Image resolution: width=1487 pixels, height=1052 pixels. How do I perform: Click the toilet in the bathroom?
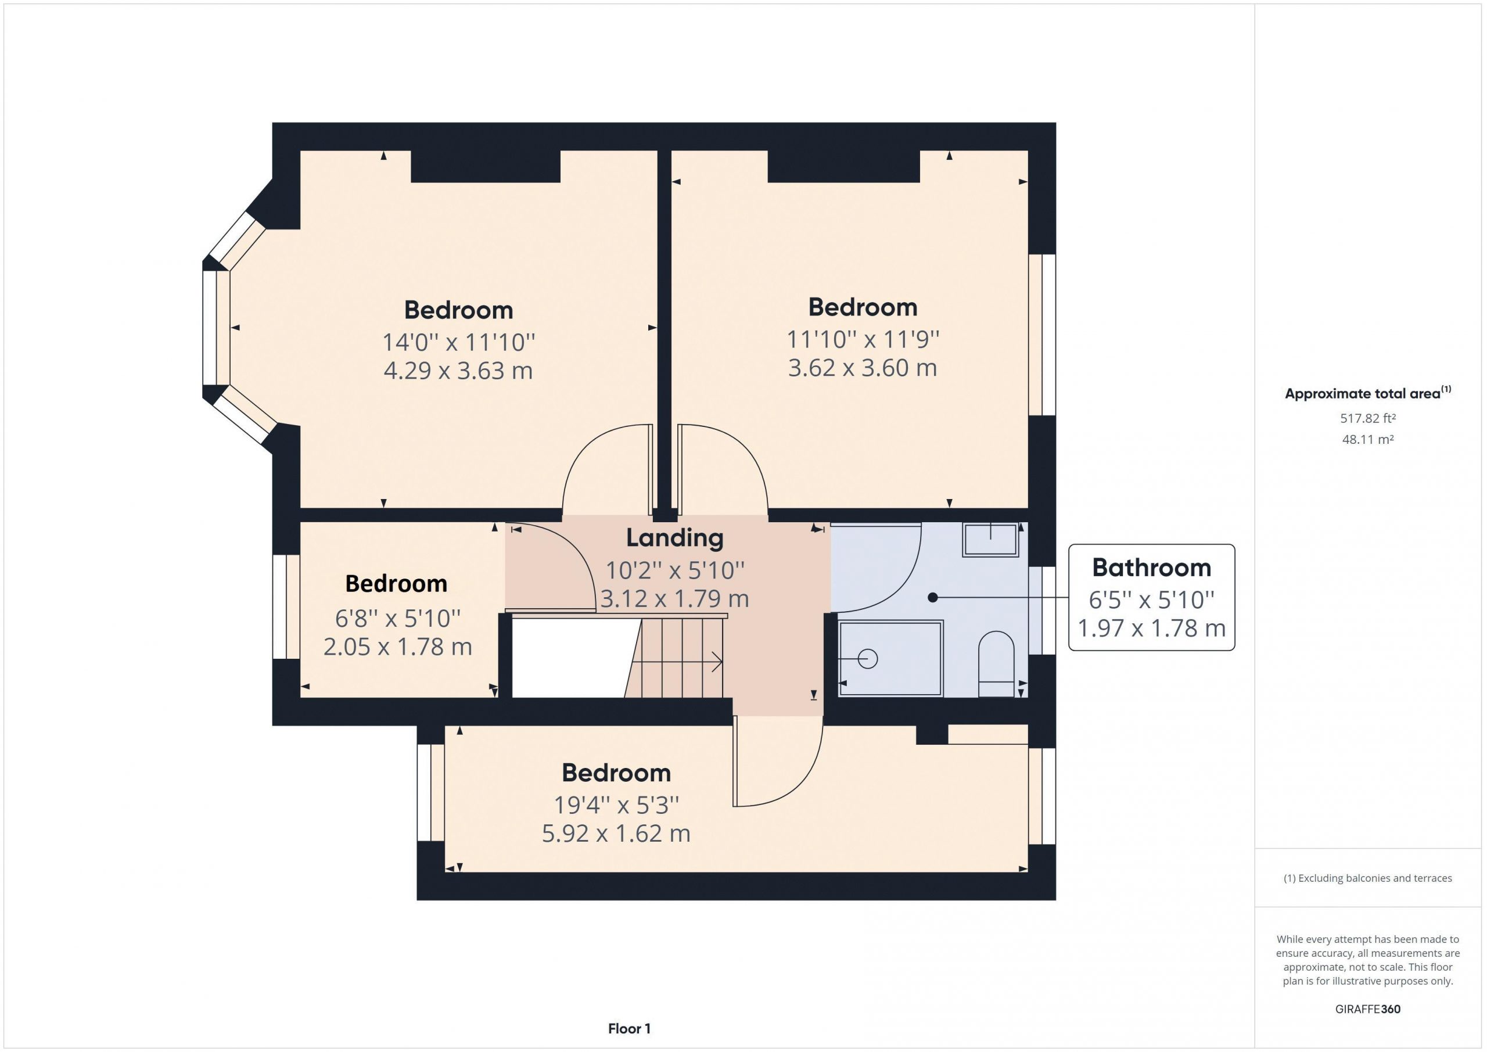[996, 664]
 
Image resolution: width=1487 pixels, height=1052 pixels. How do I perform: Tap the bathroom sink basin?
[990, 540]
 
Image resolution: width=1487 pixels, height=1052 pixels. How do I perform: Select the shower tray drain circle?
[867, 659]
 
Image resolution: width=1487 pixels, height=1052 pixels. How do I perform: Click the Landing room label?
[675, 538]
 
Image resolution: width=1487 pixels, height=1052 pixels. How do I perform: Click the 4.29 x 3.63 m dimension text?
[458, 371]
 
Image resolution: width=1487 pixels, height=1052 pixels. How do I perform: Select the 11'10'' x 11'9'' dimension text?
[863, 338]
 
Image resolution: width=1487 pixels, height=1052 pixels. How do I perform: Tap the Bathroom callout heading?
[1151, 568]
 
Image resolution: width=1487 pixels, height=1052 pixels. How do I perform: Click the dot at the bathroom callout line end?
[933, 597]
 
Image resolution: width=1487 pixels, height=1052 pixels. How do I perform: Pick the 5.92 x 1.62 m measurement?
[616, 833]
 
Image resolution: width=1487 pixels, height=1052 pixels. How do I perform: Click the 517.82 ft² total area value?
[1368, 418]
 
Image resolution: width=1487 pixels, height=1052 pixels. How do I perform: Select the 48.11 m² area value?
[1368, 439]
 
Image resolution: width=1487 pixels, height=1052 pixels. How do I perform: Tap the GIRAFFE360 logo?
[1368, 1008]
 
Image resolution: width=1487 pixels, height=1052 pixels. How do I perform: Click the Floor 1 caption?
[630, 1028]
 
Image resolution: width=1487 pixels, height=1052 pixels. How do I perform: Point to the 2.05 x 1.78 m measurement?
[398, 647]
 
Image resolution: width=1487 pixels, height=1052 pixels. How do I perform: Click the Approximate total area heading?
[1368, 393]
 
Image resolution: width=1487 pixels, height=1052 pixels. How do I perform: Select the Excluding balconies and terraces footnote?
[1368, 878]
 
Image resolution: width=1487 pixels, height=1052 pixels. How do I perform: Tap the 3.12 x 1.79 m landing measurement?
[675, 598]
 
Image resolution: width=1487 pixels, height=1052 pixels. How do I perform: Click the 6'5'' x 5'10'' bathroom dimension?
[1151, 600]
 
